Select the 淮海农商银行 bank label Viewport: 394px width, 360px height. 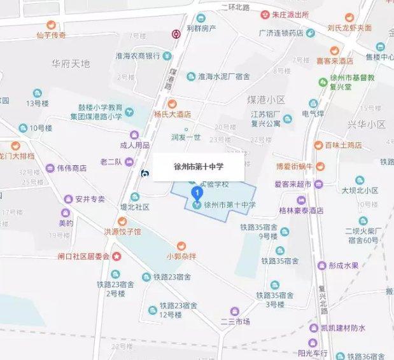(137, 56)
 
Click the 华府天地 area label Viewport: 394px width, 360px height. (71, 64)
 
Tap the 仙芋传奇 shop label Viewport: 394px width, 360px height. (52, 35)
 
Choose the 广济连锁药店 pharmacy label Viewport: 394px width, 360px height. (281, 33)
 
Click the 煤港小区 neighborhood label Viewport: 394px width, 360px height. (266, 100)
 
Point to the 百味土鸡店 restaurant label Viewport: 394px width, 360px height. (343, 146)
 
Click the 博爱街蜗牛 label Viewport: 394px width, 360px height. (293, 167)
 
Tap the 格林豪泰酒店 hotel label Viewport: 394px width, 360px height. (297, 210)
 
